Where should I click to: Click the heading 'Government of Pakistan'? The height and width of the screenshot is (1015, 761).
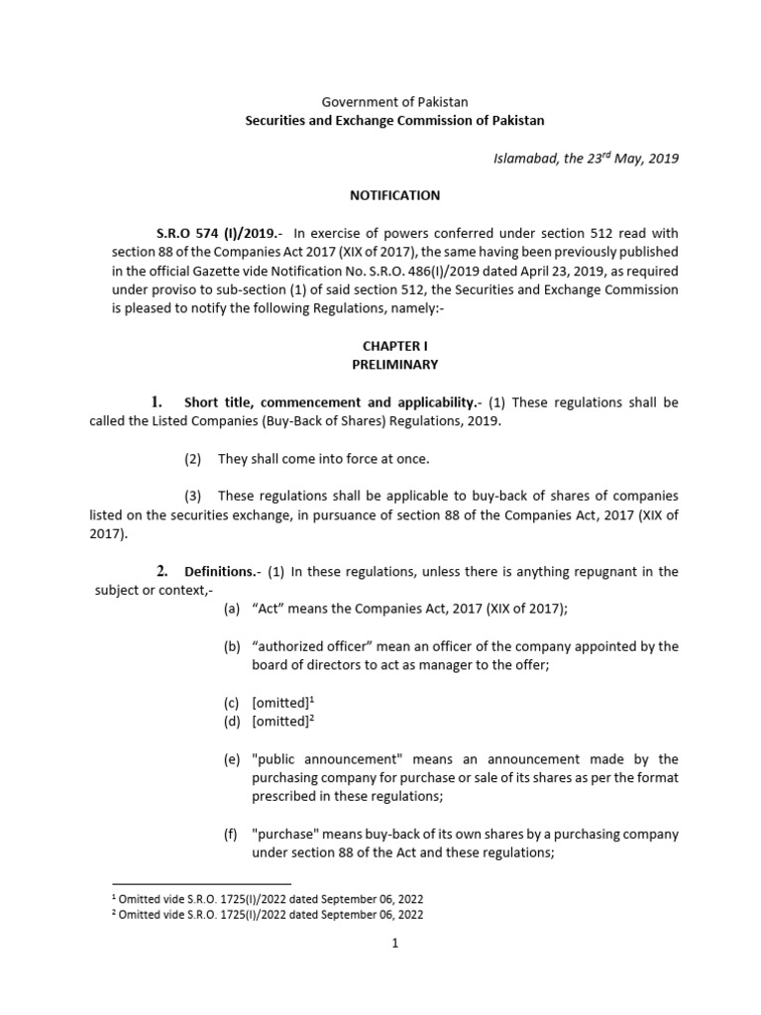click(x=394, y=101)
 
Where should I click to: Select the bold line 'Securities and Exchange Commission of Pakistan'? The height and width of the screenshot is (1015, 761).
click(x=394, y=120)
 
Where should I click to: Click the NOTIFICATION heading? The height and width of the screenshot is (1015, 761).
click(x=394, y=195)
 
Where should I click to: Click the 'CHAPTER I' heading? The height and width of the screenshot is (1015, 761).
click(x=394, y=345)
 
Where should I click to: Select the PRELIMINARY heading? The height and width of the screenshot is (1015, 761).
click(x=394, y=364)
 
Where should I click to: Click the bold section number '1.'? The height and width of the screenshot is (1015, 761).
click(x=156, y=401)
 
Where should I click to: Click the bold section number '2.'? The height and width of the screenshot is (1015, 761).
click(x=163, y=571)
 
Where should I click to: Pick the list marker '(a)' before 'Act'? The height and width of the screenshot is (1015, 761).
click(x=232, y=609)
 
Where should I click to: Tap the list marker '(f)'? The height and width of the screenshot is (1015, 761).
click(x=232, y=834)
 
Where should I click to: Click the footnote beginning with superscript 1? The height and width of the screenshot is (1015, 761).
click(x=268, y=896)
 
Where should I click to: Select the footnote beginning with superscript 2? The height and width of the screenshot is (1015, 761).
click(x=268, y=913)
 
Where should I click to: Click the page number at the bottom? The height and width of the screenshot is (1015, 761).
click(x=394, y=944)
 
